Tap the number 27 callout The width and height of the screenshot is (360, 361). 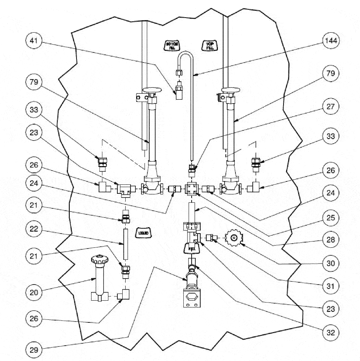point(331,107)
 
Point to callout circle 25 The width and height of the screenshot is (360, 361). point(331,217)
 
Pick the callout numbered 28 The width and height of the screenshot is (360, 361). point(331,240)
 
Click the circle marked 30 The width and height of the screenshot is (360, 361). point(331,263)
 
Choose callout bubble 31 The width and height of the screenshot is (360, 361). point(331,286)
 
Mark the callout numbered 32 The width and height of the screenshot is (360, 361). point(331,332)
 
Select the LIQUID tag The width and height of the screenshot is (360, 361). point(143,233)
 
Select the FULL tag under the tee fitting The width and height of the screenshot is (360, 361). point(192,248)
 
